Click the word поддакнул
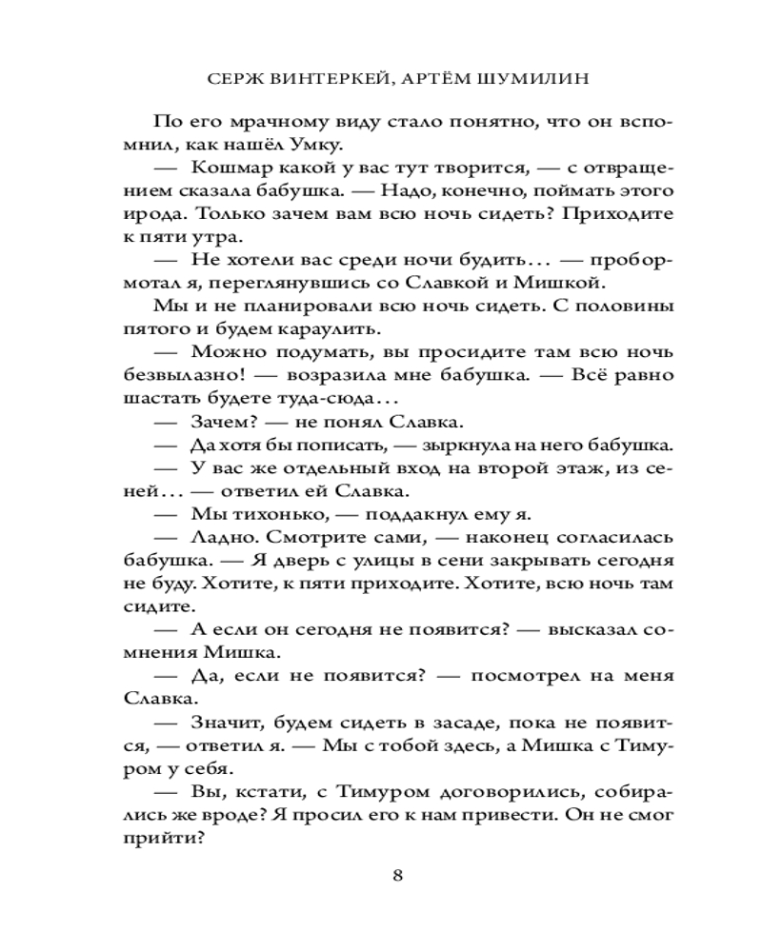pos(384,513)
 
